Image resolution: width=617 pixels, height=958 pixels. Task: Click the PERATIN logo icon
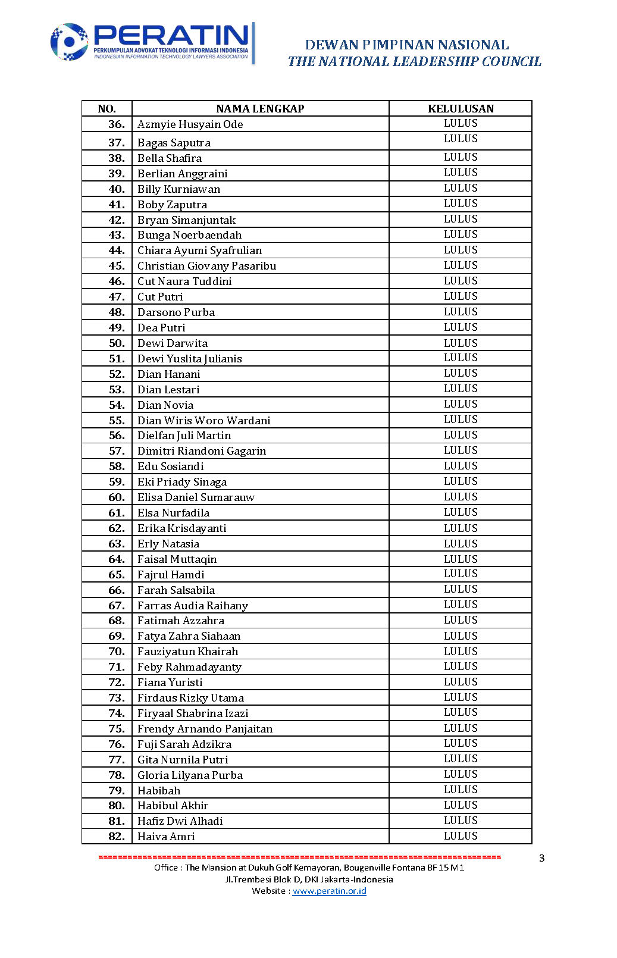point(69,42)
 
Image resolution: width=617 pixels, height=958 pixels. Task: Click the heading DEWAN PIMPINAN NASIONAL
point(406,45)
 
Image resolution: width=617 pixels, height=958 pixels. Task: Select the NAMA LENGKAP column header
point(260,109)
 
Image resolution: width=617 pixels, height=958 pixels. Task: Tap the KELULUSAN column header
point(461,109)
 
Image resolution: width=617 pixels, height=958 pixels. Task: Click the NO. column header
point(107,109)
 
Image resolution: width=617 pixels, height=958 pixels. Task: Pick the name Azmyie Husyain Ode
point(190,124)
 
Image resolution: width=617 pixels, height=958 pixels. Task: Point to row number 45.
point(117,266)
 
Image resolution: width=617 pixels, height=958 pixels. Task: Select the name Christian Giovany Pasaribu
point(206,266)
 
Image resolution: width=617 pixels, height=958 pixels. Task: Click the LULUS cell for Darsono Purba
point(461,312)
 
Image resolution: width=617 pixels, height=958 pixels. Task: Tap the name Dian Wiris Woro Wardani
point(203,421)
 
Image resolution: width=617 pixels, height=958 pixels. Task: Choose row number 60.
point(117,497)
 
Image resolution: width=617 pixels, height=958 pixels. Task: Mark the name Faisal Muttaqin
point(177,559)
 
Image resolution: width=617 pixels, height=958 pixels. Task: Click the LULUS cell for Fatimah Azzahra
point(461,620)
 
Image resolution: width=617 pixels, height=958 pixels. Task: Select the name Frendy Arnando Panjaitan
point(205,729)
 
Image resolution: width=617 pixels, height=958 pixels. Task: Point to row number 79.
point(117,791)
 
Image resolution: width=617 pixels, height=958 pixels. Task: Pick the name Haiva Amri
point(166,837)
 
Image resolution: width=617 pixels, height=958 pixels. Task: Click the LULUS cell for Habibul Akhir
point(461,805)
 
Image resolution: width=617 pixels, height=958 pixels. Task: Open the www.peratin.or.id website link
point(329,891)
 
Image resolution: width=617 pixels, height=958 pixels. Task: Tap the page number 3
point(541,858)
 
